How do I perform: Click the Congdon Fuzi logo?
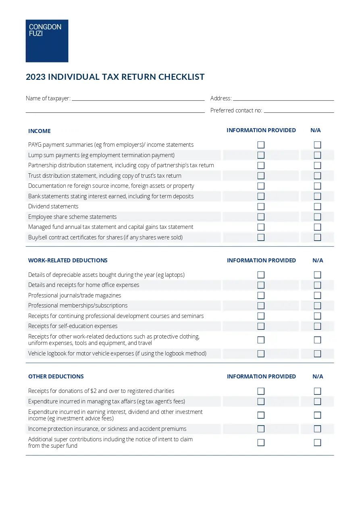(47, 41)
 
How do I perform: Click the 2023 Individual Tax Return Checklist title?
(115, 77)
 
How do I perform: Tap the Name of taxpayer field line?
(138, 100)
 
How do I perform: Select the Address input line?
(283, 100)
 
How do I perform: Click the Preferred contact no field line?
(299, 112)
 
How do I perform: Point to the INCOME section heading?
(40, 131)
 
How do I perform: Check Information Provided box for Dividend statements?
(261, 206)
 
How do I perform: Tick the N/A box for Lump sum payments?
(317, 155)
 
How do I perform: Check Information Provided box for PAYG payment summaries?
(261, 145)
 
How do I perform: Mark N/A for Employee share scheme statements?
(317, 217)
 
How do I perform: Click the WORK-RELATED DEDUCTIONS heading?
(68, 260)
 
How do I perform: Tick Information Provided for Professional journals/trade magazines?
(261, 295)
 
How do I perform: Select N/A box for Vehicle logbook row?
(317, 353)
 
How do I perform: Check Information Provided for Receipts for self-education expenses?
(261, 326)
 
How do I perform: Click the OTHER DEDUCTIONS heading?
(56, 376)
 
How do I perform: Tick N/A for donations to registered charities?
(317, 391)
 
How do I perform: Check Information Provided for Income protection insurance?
(261, 429)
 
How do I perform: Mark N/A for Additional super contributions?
(317, 443)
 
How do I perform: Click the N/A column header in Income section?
(316, 130)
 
